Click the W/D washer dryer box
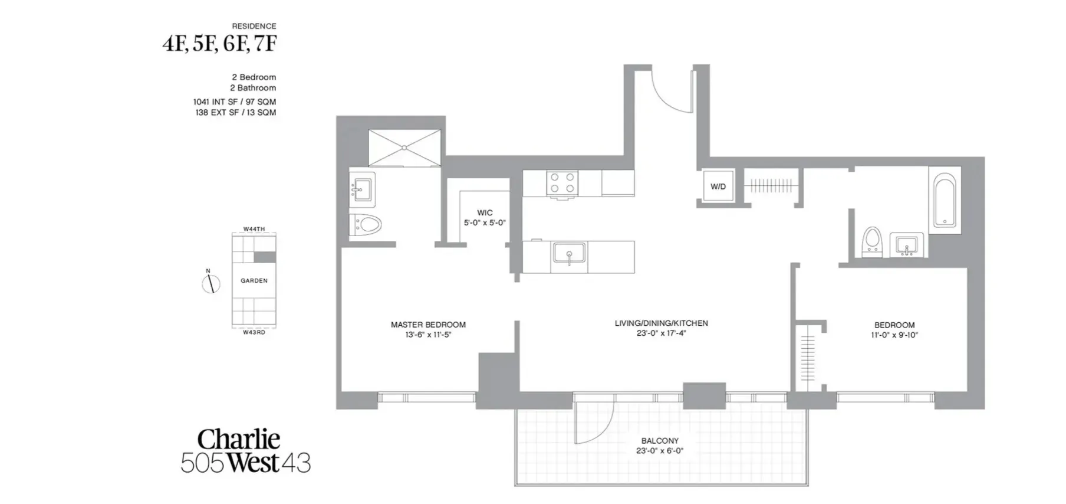coord(718,186)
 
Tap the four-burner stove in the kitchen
coord(561,183)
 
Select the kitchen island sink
coord(569,254)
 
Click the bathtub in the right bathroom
coord(945,201)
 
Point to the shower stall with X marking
coord(404,148)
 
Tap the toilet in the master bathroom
coord(367,225)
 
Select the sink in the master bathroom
coord(362,189)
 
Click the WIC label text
coord(485,213)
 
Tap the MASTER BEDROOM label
coord(428,325)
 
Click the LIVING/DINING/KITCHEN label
coord(661,323)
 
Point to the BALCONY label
coord(660,441)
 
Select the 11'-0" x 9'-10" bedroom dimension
coord(894,335)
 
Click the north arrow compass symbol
coord(210,284)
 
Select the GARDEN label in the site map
coord(254,281)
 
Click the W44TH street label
coord(254,229)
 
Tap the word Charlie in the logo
coord(238,440)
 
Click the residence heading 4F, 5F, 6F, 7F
coord(219,44)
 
